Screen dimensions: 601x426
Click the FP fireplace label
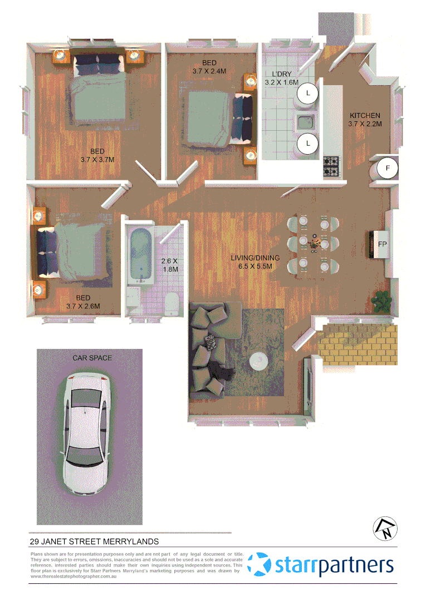[382, 244]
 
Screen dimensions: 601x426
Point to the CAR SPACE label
[92, 358]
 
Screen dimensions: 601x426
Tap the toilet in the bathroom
[172, 304]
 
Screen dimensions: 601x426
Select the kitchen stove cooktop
[332, 165]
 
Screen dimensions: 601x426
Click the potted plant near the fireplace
[383, 301]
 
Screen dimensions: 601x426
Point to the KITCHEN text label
[365, 115]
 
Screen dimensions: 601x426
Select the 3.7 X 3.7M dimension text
[97, 160]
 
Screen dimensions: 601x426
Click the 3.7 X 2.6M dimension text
[82, 306]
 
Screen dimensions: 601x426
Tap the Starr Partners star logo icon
[259, 565]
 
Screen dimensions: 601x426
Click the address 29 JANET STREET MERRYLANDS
[94, 541]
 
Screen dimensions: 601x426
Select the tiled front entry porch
[359, 342]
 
